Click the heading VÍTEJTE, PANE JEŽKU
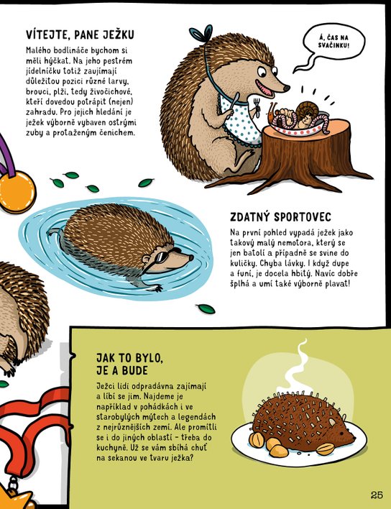click(x=80, y=35)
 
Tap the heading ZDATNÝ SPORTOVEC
click(x=281, y=217)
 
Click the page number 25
click(x=377, y=495)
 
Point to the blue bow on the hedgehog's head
click(x=201, y=33)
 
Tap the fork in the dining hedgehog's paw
click(x=257, y=107)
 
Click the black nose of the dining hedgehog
click(x=286, y=88)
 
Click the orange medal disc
click(x=17, y=191)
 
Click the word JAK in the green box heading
click(x=106, y=358)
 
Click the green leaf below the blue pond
click(x=206, y=308)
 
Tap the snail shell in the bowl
click(x=305, y=110)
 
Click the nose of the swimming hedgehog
click(x=191, y=257)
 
